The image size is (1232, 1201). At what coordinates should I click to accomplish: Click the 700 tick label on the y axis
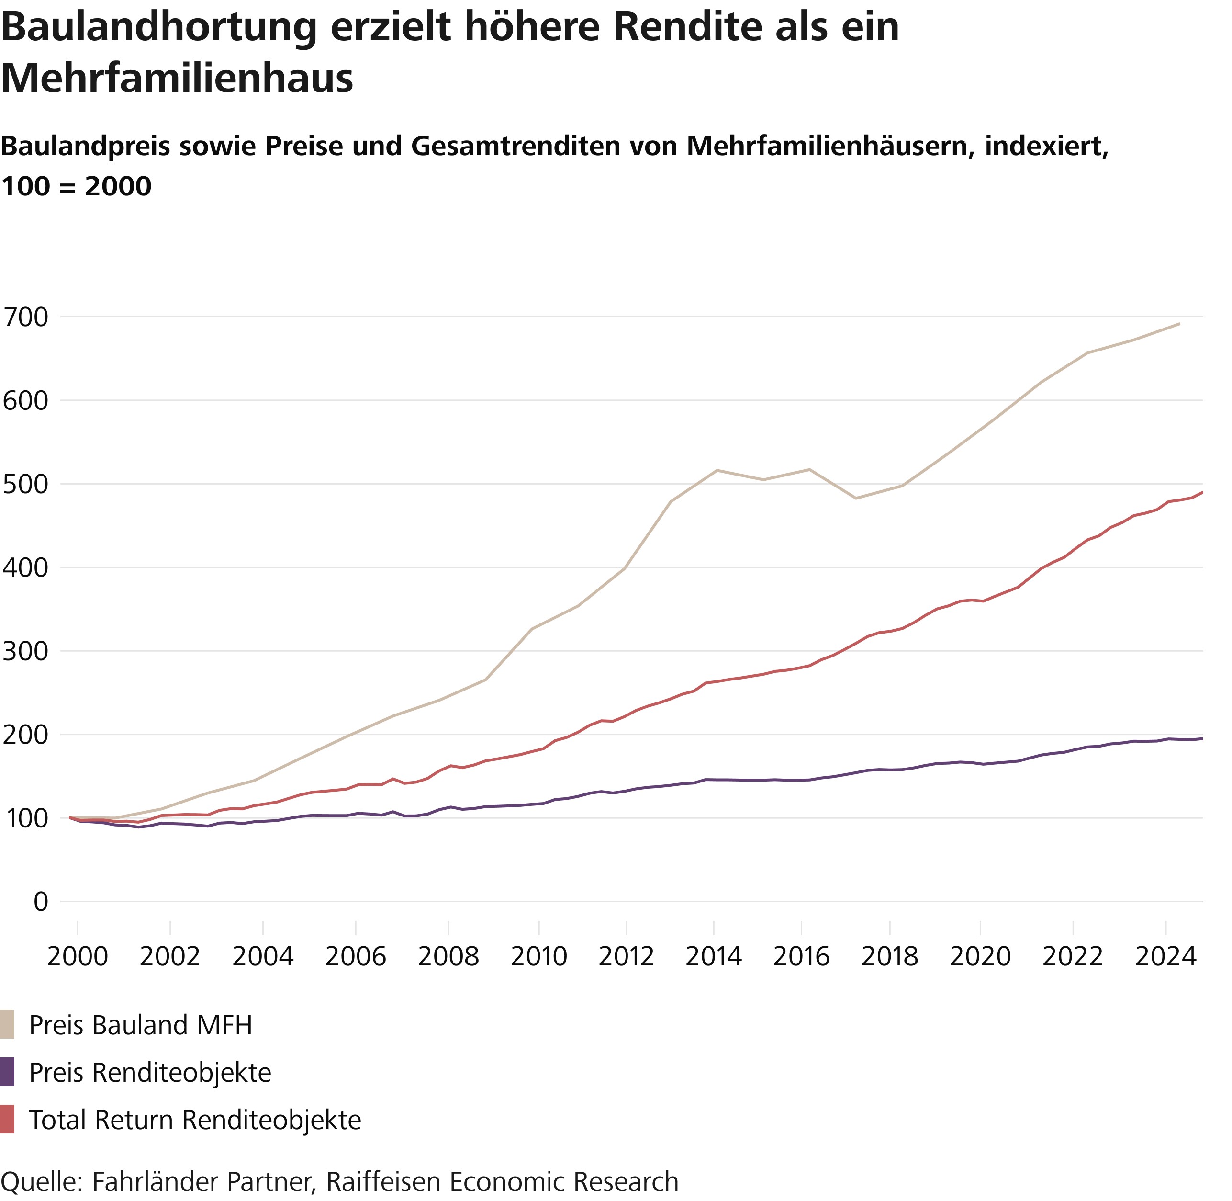click(x=25, y=317)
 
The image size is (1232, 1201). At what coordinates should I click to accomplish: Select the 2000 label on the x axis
click(x=78, y=957)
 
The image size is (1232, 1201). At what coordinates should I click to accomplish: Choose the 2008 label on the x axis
click(x=448, y=957)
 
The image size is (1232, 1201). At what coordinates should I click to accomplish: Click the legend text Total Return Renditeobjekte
click(x=195, y=1120)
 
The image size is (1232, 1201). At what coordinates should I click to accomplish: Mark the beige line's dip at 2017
click(x=856, y=499)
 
